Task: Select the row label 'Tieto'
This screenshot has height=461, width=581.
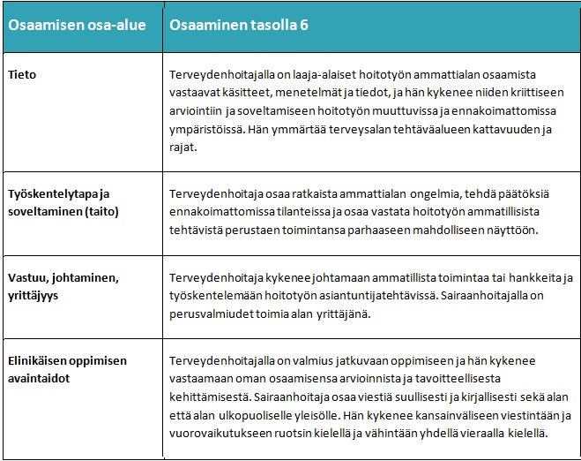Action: (22, 75)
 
